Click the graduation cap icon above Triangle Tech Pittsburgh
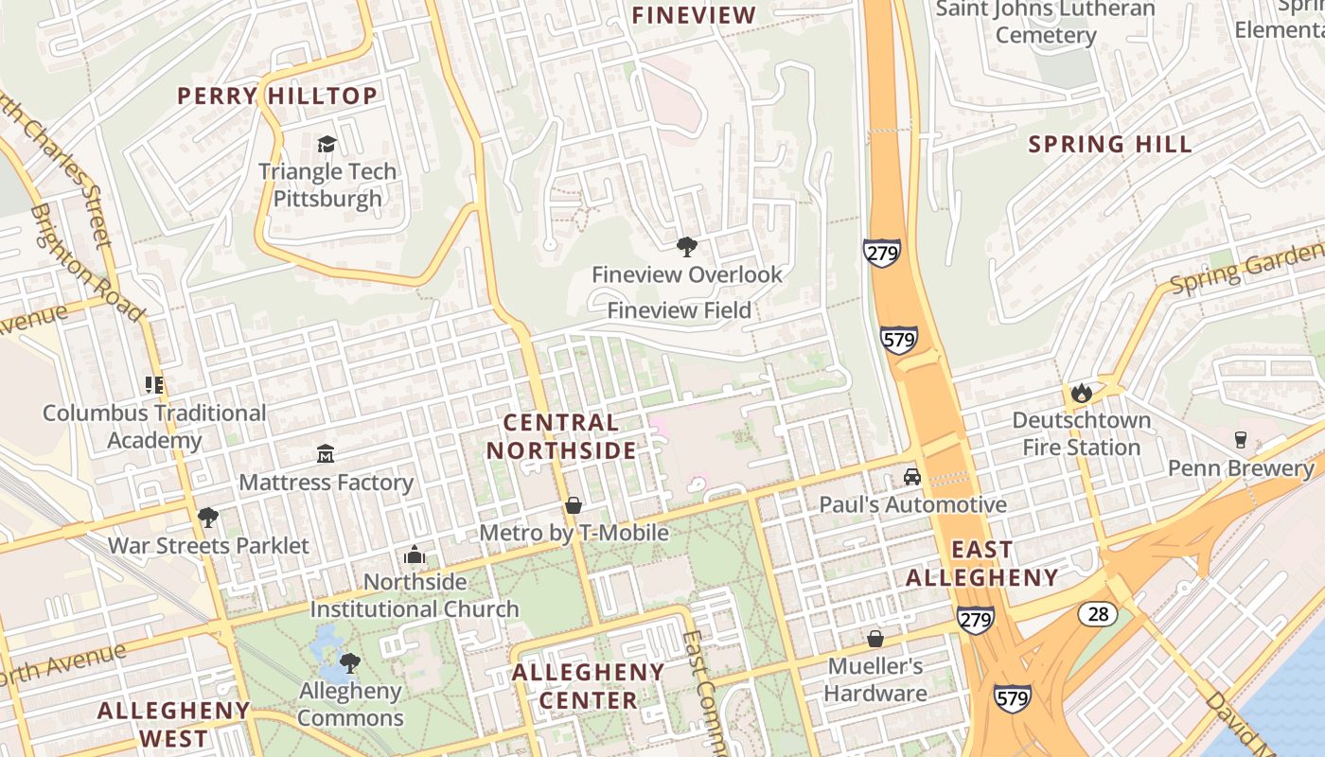coord(327,144)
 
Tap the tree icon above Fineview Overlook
coord(687,247)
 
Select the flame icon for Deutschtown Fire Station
coord(1081,393)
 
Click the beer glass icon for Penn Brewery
coord(1240,440)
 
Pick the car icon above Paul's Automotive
coord(912,477)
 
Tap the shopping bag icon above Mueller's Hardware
coord(875,639)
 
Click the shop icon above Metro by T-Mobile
coord(574,505)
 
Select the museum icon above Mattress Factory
coord(326,454)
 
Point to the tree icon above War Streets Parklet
coord(208,518)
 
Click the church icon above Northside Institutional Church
coord(415,555)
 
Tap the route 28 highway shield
coord(1098,614)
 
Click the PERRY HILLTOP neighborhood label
coord(277,96)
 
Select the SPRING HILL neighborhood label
coord(1110,145)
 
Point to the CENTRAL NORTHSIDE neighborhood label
coord(562,436)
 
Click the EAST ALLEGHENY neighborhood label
coord(982,563)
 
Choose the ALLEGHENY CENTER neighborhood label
coord(589,686)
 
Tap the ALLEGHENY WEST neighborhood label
coord(174,724)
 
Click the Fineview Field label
coord(679,310)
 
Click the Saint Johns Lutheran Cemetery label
coord(1046,22)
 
